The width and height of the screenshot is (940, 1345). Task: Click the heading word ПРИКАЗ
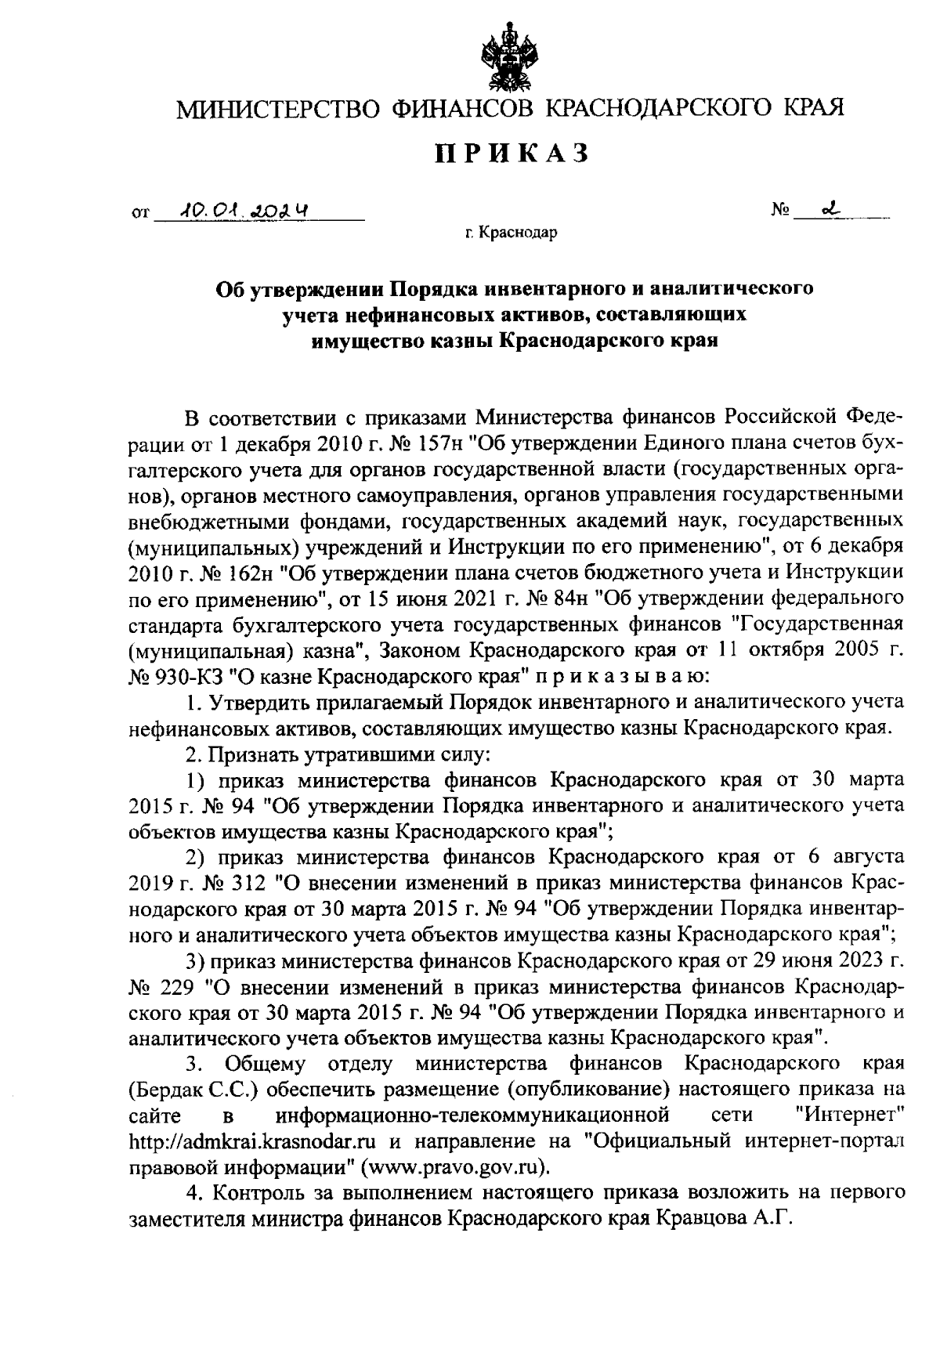pyautogui.click(x=512, y=154)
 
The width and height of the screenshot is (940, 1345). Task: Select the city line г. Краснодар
pyautogui.click(x=510, y=233)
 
